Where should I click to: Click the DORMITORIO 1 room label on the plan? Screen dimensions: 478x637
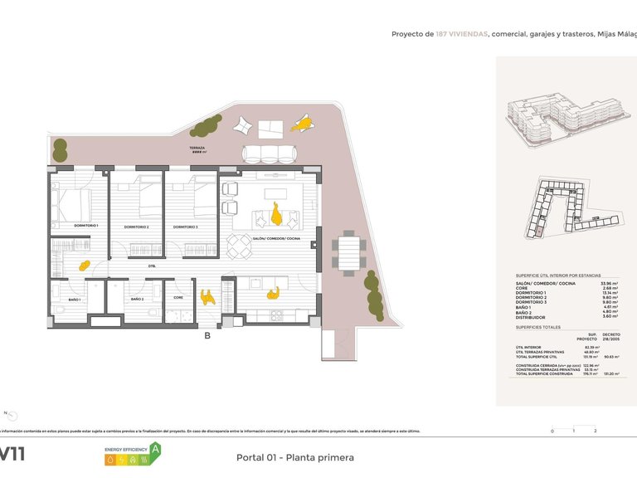point(85,226)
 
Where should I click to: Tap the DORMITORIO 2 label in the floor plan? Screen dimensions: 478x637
point(136,227)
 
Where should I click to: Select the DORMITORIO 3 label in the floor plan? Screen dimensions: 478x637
point(186,227)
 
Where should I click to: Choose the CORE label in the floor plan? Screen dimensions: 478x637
point(178,296)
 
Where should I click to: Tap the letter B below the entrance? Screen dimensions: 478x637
point(207,336)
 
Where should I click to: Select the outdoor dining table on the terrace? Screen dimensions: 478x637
point(348,253)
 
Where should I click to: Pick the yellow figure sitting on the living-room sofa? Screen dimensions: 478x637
point(275,217)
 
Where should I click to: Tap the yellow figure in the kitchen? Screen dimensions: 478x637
point(271,292)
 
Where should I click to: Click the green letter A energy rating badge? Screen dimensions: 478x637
point(155,450)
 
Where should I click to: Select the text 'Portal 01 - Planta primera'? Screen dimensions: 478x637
point(294,457)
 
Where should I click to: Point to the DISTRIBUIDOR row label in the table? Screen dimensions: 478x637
point(531,317)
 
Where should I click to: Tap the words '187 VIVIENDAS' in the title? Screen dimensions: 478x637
point(462,34)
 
